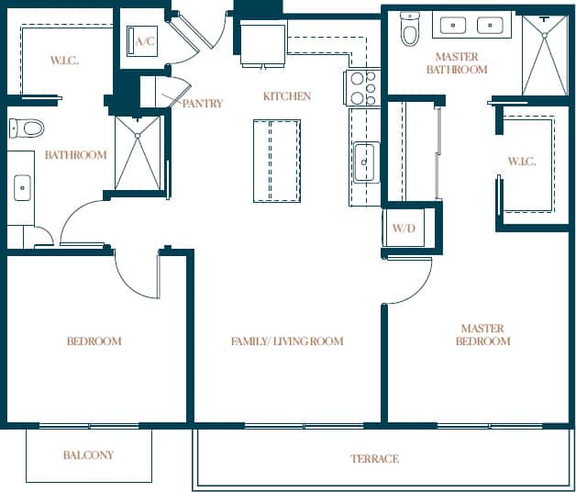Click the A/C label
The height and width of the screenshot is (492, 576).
click(144, 41)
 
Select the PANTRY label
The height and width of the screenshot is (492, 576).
click(202, 104)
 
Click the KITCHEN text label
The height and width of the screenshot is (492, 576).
click(286, 96)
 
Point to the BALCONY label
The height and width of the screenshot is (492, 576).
click(89, 455)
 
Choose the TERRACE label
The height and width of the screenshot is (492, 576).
click(374, 459)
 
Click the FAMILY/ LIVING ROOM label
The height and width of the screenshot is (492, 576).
click(286, 341)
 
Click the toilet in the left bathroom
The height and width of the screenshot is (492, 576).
click(30, 128)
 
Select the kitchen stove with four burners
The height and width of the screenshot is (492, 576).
click(363, 89)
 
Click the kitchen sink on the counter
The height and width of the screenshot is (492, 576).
click(364, 162)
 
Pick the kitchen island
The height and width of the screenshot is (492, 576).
click(277, 161)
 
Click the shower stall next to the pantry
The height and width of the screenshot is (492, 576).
click(138, 152)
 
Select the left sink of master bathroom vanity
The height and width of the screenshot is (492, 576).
click(452, 25)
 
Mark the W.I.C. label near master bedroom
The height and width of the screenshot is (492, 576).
click(521, 162)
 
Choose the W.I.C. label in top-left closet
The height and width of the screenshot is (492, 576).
click(63, 61)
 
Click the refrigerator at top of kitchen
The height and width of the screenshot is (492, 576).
click(262, 44)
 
